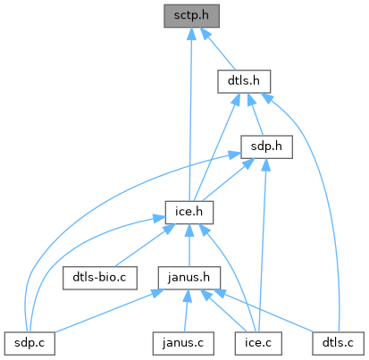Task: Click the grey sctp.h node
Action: click(191, 16)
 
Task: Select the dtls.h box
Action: click(244, 81)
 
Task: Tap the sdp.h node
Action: click(266, 147)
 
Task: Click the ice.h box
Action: click(189, 213)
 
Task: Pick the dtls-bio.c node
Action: click(100, 278)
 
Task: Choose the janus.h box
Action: click(189, 278)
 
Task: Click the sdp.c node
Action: click(29, 343)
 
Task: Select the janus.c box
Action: click(183, 343)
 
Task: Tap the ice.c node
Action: click(258, 343)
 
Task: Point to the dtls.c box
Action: click(338, 343)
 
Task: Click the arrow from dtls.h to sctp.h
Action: click(218, 49)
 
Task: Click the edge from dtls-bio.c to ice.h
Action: click(140, 246)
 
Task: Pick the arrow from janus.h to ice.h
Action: click(189, 246)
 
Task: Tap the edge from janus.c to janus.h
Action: click(186, 311)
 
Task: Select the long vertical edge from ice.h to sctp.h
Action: click(190, 114)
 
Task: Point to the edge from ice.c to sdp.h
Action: click(263, 246)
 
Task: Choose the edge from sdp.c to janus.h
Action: click(109, 311)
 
